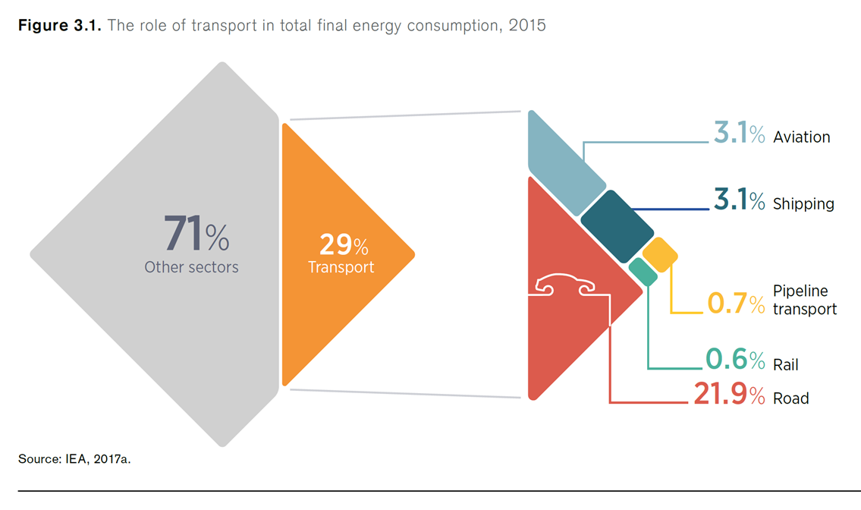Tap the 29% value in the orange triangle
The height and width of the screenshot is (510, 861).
pyautogui.click(x=343, y=245)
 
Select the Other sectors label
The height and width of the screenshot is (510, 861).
pyautogui.click(x=191, y=267)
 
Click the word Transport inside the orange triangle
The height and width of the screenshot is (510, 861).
pyautogui.click(x=341, y=267)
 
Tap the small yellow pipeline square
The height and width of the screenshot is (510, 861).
pyautogui.click(x=659, y=255)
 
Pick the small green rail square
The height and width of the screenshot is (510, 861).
pyautogui.click(x=643, y=271)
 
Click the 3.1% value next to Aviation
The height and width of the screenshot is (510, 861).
pyautogui.click(x=738, y=135)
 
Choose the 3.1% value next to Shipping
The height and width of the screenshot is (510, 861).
pyautogui.click(x=738, y=201)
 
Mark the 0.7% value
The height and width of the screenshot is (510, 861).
pyautogui.click(x=736, y=304)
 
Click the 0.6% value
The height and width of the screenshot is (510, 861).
pyautogui.click(x=735, y=359)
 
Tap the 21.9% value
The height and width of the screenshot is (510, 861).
pyautogui.click(x=728, y=395)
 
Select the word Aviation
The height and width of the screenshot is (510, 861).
pyautogui.click(x=801, y=137)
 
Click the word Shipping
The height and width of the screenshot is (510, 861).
pyautogui.click(x=803, y=204)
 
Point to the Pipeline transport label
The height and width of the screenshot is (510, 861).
pyautogui.click(x=804, y=300)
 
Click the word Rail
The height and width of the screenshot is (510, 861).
pyautogui.click(x=786, y=365)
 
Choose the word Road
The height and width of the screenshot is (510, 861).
pyautogui.click(x=791, y=398)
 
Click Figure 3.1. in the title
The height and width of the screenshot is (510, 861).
pyautogui.click(x=59, y=26)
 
